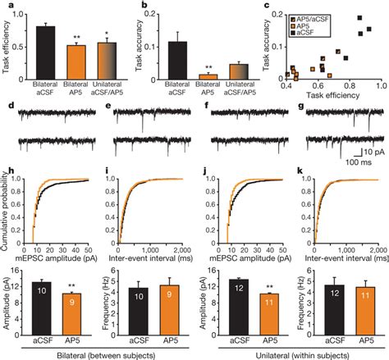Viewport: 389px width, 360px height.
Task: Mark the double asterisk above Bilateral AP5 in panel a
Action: coord(76,39)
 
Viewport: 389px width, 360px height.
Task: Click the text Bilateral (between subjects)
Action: coord(98,353)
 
